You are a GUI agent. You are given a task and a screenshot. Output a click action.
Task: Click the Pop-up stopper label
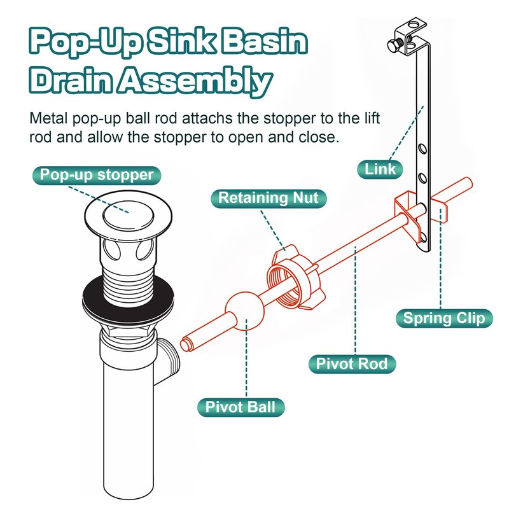click(x=97, y=176)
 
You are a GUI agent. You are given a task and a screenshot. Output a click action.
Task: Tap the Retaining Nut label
click(x=268, y=199)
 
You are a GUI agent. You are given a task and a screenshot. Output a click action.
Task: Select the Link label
click(x=380, y=169)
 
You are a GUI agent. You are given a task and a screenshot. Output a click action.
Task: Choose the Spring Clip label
click(x=444, y=319)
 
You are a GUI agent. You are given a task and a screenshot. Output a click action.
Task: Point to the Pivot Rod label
click(x=352, y=364)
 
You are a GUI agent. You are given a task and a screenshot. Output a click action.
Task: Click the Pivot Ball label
click(x=241, y=407)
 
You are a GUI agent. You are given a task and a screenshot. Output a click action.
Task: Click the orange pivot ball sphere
click(x=245, y=311)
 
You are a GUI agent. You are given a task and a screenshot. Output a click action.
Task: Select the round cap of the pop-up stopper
click(x=129, y=214)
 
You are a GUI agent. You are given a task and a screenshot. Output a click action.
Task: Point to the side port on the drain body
click(x=168, y=360)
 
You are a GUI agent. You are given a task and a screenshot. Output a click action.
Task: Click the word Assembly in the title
click(x=195, y=81)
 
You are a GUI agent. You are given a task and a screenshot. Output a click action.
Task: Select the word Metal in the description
click(x=49, y=118)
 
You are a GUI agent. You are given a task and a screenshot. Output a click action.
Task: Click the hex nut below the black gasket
click(x=128, y=330)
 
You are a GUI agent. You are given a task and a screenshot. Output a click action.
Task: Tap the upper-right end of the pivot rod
click(x=468, y=182)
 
